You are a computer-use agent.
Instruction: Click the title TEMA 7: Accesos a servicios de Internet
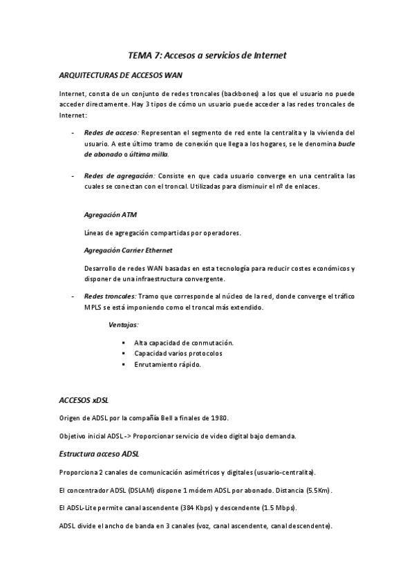pos(207,54)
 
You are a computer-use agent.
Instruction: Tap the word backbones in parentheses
pos(238,93)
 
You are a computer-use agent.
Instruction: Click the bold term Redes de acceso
pos(111,132)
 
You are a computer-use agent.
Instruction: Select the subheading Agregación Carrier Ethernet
pos(128,249)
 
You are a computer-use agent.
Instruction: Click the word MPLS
pos(93,308)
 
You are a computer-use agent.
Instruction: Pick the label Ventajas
pos(124,324)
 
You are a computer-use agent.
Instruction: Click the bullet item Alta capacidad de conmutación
pos(184,343)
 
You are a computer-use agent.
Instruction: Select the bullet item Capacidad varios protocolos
pos(178,353)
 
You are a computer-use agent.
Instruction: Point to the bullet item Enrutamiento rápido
pos(168,364)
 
